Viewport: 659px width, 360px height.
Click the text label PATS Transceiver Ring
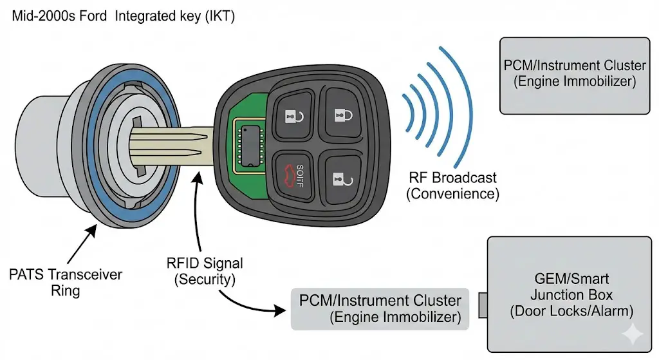pyautogui.click(x=66, y=282)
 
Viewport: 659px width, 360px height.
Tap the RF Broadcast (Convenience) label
pyautogui.click(x=453, y=185)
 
